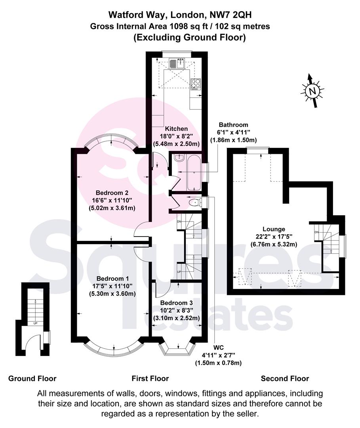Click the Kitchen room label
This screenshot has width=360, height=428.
177,128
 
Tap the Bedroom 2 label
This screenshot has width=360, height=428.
112,193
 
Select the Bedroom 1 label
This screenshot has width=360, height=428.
112,279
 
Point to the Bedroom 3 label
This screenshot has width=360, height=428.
177,303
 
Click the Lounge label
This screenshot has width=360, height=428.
274,229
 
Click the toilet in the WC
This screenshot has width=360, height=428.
195,202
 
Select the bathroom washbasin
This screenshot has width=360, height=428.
179,157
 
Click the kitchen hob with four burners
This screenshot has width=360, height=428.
196,84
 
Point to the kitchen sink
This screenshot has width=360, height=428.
177,63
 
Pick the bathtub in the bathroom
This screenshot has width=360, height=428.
194,173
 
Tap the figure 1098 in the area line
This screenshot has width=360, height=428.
179,27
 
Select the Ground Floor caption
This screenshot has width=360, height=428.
32,378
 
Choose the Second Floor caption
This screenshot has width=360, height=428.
285,378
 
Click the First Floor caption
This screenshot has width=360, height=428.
150,378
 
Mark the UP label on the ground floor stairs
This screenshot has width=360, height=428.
35,323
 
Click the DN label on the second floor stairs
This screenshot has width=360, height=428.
316,232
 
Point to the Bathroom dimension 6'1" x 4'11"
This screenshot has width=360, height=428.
233,132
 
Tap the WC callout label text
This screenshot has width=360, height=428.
219,348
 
